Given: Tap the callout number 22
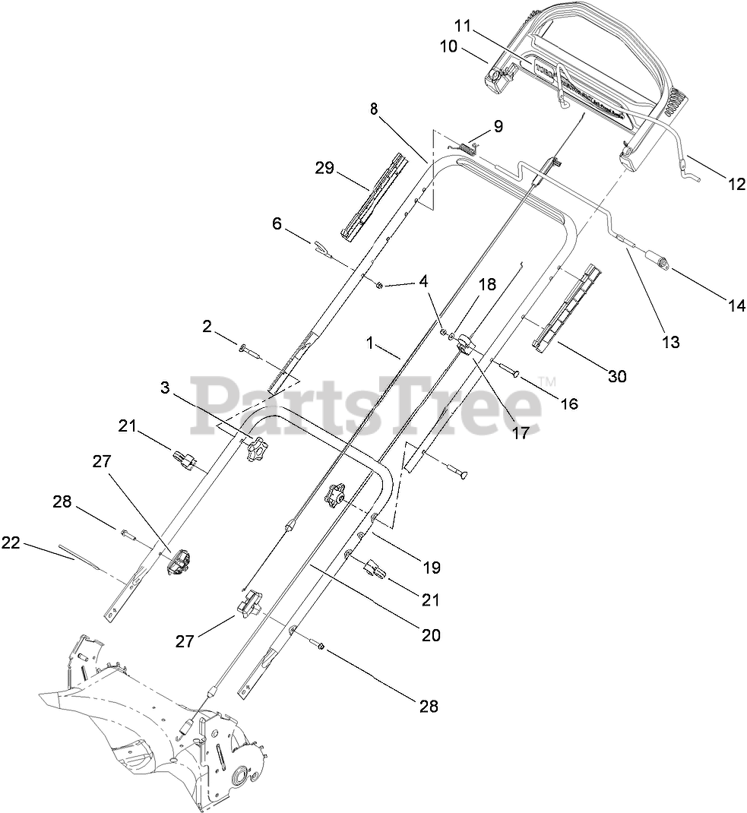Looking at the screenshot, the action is tap(11, 543).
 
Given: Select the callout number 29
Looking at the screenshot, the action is tap(324, 168).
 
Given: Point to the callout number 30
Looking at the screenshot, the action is tap(617, 375).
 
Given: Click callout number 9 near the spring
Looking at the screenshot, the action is tap(499, 125).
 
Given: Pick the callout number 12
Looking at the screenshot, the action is tap(736, 183).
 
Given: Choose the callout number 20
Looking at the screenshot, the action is tap(431, 635).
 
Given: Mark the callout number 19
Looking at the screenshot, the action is tap(431, 567).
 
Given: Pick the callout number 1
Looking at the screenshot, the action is tap(370, 343).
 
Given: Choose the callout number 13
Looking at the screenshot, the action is tap(669, 341).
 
